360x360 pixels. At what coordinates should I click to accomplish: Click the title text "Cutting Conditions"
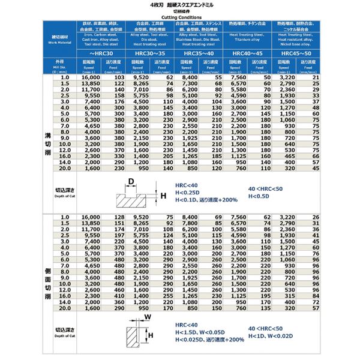click(180, 17)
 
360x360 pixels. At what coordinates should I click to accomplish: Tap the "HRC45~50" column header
click(298, 53)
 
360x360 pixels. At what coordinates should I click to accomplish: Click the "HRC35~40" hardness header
click(199, 53)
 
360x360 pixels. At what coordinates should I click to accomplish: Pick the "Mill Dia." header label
click(58, 66)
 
